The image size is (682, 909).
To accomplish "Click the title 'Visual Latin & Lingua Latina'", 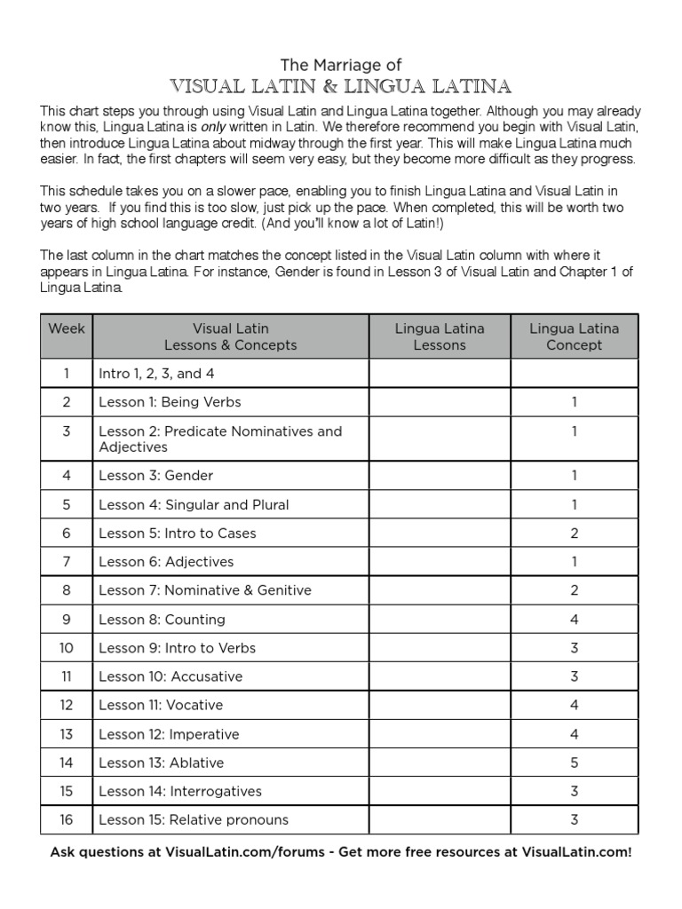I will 341,86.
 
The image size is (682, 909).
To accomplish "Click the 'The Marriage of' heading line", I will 341,65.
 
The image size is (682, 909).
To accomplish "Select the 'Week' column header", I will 67,336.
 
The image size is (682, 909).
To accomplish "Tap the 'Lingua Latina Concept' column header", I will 574,336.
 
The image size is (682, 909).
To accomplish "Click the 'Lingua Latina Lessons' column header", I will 440,336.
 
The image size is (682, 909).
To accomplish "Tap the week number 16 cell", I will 67,819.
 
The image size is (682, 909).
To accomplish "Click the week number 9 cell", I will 67,620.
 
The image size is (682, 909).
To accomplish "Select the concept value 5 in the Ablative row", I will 575,763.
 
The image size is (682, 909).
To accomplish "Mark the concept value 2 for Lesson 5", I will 575,534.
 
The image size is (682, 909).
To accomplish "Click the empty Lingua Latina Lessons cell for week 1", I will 440,374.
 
